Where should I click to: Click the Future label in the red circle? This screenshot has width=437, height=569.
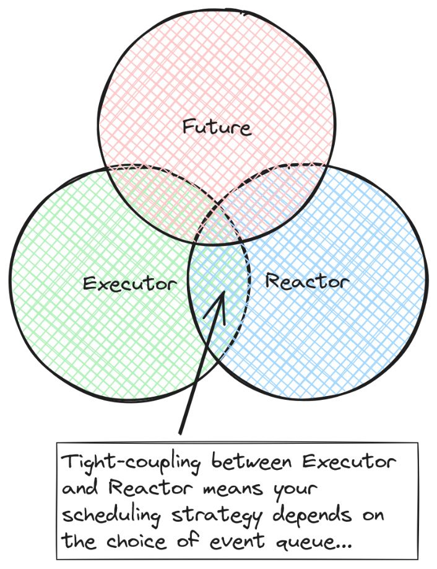click(x=216, y=127)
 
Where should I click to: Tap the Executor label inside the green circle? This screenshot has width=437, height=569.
click(x=130, y=283)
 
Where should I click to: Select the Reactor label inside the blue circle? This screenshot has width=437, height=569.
click(x=307, y=281)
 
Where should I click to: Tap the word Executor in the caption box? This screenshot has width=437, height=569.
click(x=349, y=462)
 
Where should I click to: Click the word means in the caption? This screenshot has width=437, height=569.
click(x=233, y=490)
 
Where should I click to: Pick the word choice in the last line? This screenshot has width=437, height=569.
click(x=136, y=541)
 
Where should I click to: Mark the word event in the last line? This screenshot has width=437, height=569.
click(x=237, y=542)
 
